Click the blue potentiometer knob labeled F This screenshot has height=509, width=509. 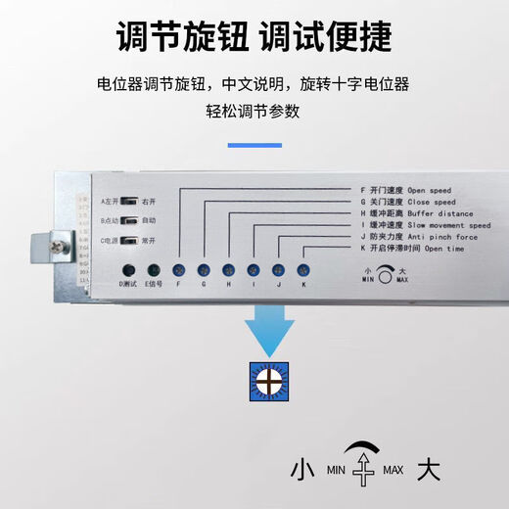pos(178,269)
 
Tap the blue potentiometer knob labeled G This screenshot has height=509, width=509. pos(204,269)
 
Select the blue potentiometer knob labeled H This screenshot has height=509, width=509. pos(228,269)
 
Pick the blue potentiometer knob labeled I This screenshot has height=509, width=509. pos(254,269)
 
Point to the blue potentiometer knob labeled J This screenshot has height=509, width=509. pos(278,269)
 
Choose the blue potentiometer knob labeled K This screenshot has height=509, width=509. pos(303,269)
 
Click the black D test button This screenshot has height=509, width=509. pos(127,269)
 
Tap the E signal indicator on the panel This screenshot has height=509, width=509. pos(153,269)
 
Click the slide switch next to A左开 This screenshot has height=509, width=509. pos(126,201)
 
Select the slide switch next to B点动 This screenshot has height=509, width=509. pos(126,220)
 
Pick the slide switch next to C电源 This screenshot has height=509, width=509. pos(126,240)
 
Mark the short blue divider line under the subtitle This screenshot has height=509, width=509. pos(254,146)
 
